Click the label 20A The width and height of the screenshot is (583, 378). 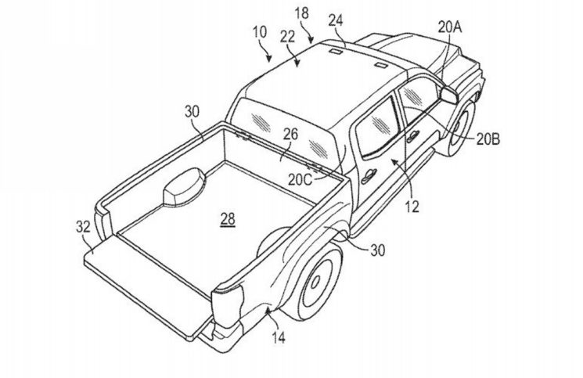pos(450,27)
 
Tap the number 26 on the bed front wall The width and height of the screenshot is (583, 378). pos(290,135)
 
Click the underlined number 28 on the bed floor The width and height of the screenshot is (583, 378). pos(227,221)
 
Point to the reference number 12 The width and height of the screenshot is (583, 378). pos(412,207)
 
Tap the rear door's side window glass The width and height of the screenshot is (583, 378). pos(375,125)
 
